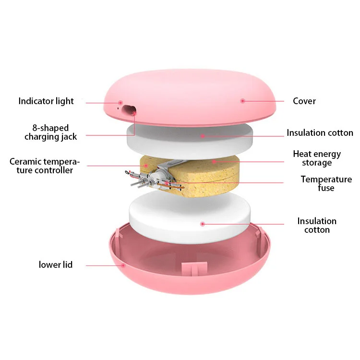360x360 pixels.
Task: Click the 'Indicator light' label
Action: point(46,101)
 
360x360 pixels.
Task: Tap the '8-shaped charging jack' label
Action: point(51,132)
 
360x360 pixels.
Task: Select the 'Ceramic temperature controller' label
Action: point(45,166)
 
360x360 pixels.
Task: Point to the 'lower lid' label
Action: point(56,264)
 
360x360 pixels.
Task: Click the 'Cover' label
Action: point(304,101)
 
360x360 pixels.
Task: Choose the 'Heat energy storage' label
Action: point(317,158)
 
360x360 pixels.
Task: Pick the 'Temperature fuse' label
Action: point(326,183)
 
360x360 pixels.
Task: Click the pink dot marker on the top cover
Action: point(243,101)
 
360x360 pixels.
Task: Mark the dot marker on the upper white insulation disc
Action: point(203,136)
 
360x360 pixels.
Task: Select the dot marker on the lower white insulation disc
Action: point(203,224)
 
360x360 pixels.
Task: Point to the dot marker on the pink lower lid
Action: point(124,264)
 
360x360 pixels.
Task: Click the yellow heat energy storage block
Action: point(202,170)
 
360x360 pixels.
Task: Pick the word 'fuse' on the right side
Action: point(326,188)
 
